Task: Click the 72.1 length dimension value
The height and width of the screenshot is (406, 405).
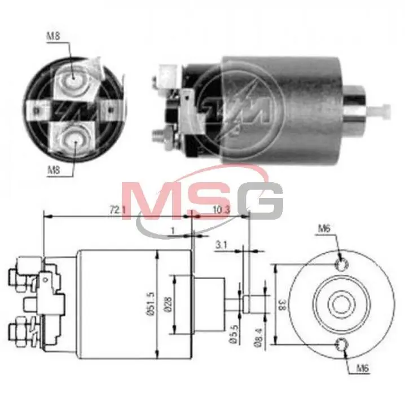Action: [x=117, y=210]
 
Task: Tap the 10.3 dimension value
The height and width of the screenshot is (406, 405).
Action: [x=222, y=210]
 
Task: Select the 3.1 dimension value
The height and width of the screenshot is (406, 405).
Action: [x=222, y=245]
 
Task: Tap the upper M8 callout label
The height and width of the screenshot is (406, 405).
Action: [x=53, y=36]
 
